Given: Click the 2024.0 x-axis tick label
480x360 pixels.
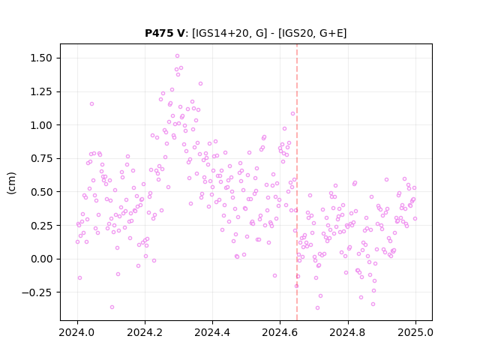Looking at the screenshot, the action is point(77,332).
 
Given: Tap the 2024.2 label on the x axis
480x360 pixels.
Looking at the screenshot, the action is point(145,332).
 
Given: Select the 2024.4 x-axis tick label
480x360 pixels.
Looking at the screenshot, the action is point(212,332).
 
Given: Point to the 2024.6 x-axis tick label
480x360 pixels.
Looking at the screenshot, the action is point(280,332).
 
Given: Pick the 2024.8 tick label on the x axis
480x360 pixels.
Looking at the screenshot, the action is point(348,332).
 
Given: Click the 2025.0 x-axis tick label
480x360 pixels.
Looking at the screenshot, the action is point(415,332).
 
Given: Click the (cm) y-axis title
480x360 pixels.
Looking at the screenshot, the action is point(11,183).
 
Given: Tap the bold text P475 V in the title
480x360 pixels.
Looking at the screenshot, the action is point(165,33).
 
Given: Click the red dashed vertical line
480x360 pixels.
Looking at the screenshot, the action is point(297,182).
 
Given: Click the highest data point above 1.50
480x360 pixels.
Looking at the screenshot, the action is point(177,56).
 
